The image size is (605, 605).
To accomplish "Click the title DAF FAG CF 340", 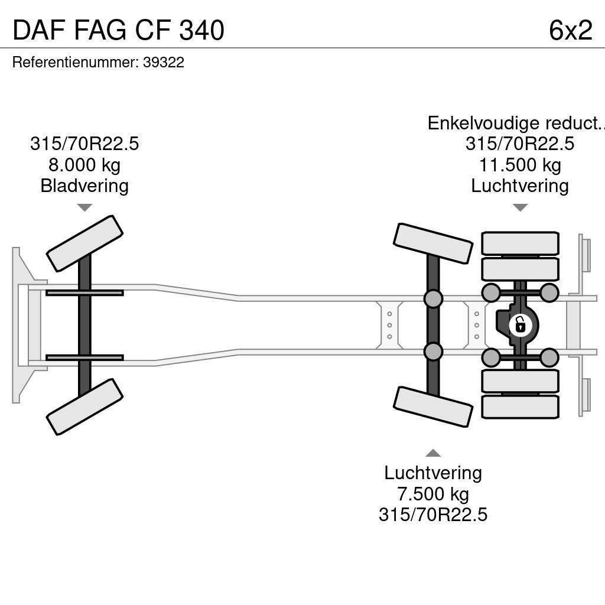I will pos(118,30).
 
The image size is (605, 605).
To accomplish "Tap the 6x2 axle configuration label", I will pos(570,30).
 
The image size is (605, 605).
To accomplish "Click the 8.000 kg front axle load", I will pos(84,165).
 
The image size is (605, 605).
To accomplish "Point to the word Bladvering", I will pos(84,186).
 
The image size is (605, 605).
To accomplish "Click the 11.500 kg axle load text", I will pos(519,165).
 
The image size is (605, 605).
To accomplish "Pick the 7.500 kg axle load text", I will pos(433,493).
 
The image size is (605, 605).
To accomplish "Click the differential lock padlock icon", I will pos(520,325).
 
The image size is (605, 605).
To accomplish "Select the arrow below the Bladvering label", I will pos(84,207).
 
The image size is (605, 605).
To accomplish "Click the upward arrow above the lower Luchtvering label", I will pos(433,453).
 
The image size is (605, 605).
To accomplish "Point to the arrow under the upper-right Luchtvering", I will pos(520,207).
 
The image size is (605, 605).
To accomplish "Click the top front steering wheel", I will pos(84,243).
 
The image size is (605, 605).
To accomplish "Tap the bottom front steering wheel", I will pos(84,406).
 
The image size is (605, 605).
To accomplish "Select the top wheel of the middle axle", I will pos(433,243).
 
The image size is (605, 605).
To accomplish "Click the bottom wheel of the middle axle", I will pos(433,406).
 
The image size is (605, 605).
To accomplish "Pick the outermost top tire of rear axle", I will pos(520,243).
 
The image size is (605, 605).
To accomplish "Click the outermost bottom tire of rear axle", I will pos(520,407).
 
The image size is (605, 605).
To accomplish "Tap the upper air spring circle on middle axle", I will pos(433,298).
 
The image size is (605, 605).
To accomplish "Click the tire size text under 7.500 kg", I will pos(433,514).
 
